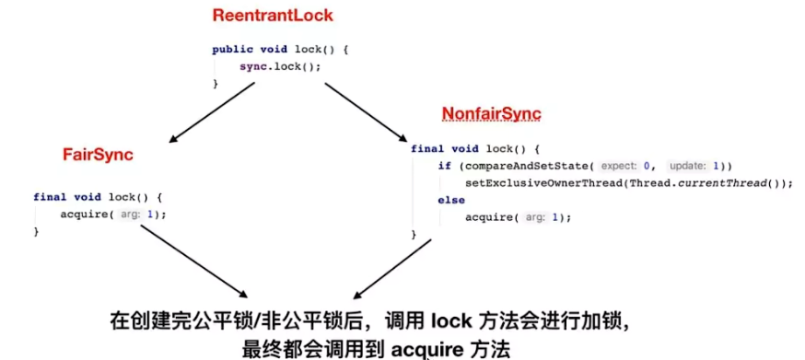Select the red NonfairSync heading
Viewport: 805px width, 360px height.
[x=491, y=114]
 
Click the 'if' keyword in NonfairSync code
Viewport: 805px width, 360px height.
[x=444, y=166]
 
